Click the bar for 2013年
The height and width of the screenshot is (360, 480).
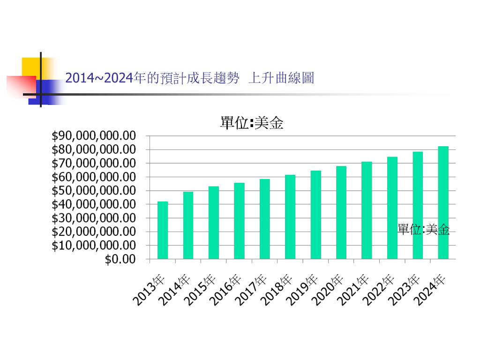[x=163, y=230]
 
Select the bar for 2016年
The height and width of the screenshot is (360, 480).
[x=239, y=221]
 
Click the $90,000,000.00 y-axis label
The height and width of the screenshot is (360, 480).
[x=94, y=136]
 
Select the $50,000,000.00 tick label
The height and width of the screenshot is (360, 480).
[x=94, y=191]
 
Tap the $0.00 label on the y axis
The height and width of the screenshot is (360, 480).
[x=120, y=259]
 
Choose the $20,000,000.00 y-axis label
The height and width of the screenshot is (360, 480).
[x=94, y=232]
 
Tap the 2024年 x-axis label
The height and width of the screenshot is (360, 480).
[x=430, y=290]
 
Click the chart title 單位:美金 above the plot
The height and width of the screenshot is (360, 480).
[x=252, y=123]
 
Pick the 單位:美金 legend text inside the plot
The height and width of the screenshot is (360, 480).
[x=423, y=229]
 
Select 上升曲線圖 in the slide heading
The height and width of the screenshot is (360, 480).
[x=281, y=78]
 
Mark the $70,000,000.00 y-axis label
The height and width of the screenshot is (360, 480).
[x=94, y=163]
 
